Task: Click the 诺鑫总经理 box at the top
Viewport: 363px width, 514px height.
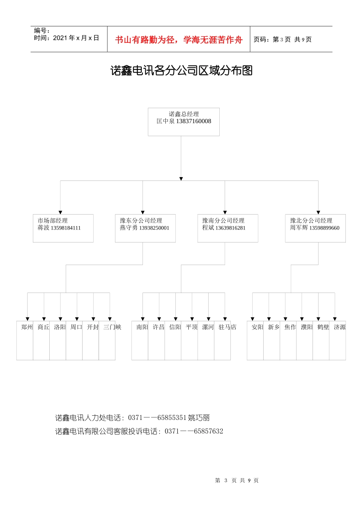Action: click(183, 122)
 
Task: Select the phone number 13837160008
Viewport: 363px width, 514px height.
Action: click(193, 121)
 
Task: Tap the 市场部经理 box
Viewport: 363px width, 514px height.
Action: click(63, 228)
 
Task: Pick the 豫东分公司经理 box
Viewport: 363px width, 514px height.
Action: click(145, 228)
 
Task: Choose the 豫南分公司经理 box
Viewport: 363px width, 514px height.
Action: click(228, 228)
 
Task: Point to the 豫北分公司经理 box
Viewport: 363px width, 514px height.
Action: click(315, 228)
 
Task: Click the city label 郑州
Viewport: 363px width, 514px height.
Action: click(27, 327)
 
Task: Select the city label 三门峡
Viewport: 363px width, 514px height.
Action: click(112, 327)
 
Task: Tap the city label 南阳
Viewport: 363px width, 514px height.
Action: click(142, 327)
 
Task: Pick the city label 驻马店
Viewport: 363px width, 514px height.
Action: click(227, 327)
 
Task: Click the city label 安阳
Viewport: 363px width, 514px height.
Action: click(257, 327)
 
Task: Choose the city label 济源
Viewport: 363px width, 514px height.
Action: click(340, 327)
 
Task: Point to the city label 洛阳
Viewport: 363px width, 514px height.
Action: click(60, 327)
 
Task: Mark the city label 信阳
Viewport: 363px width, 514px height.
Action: click(175, 327)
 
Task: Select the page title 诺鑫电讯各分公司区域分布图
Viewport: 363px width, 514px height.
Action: click(181, 71)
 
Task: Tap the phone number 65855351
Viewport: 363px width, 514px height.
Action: click(172, 418)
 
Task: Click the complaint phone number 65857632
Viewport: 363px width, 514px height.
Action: click(208, 431)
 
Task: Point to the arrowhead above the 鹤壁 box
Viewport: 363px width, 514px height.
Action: click(318, 319)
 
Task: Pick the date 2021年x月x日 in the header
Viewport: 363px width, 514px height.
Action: click(76, 38)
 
